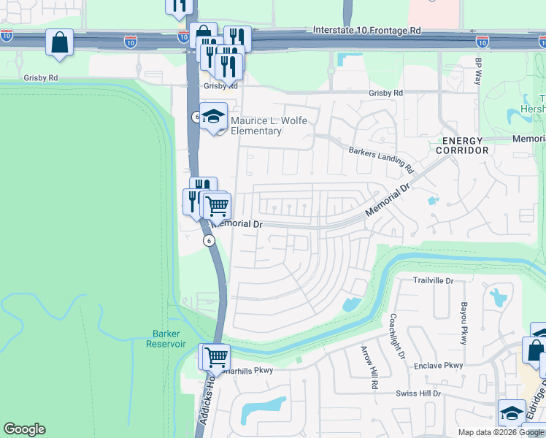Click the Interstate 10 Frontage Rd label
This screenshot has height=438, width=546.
(x=367, y=31)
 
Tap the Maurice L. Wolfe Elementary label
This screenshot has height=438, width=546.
(x=256, y=126)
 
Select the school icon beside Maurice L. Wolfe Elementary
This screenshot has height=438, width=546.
(x=213, y=118)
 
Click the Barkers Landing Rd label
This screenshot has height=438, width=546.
(x=381, y=159)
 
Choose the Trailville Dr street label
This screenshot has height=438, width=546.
(x=434, y=280)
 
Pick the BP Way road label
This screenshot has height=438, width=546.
(x=479, y=71)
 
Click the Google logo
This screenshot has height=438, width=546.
(x=24, y=429)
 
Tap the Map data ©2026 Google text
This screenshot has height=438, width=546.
(x=501, y=432)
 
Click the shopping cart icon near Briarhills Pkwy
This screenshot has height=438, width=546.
(x=216, y=358)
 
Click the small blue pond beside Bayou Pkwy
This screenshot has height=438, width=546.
(x=499, y=297)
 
